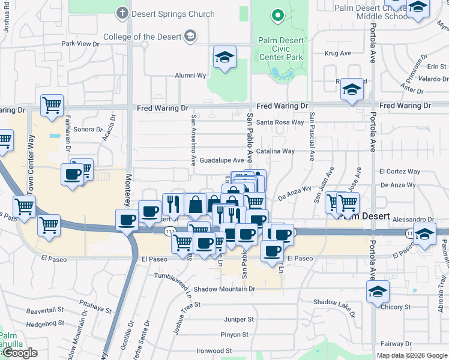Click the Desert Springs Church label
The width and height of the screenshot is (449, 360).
pyautogui.click(x=173, y=14)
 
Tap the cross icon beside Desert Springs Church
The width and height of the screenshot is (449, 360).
pyautogui.click(x=124, y=13)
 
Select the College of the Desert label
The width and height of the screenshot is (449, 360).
pyautogui.click(x=142, y=37)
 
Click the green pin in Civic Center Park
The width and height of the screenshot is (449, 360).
pyautogui.click(x=277, y=16)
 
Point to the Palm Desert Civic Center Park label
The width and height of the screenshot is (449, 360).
pyautogui.click(x=280, y=49)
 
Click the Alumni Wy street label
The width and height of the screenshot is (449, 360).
pyautogui.click(x=190, y=76)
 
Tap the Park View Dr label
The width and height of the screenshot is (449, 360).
pyautogui.click(x=80, y=44)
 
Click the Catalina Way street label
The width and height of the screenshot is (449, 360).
pyautogui.click(x=276, y=151)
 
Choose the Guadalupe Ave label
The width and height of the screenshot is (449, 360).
pyautogui.click(x=221, y=160)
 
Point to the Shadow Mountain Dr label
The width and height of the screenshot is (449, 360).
pyautogui.click(x=224, y=289)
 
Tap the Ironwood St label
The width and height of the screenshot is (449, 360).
pyautogui.click(x=213, y=350)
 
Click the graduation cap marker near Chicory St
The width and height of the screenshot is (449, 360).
pyautogui.click(x=378, y=292)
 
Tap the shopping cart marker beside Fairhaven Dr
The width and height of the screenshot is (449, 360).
pyautogui.click(x=52, y=105)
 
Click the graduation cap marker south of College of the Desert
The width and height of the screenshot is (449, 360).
pyautogui.click(x=225, y=57)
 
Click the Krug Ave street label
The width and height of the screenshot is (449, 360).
pyautogui.click(x=333, y=53)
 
